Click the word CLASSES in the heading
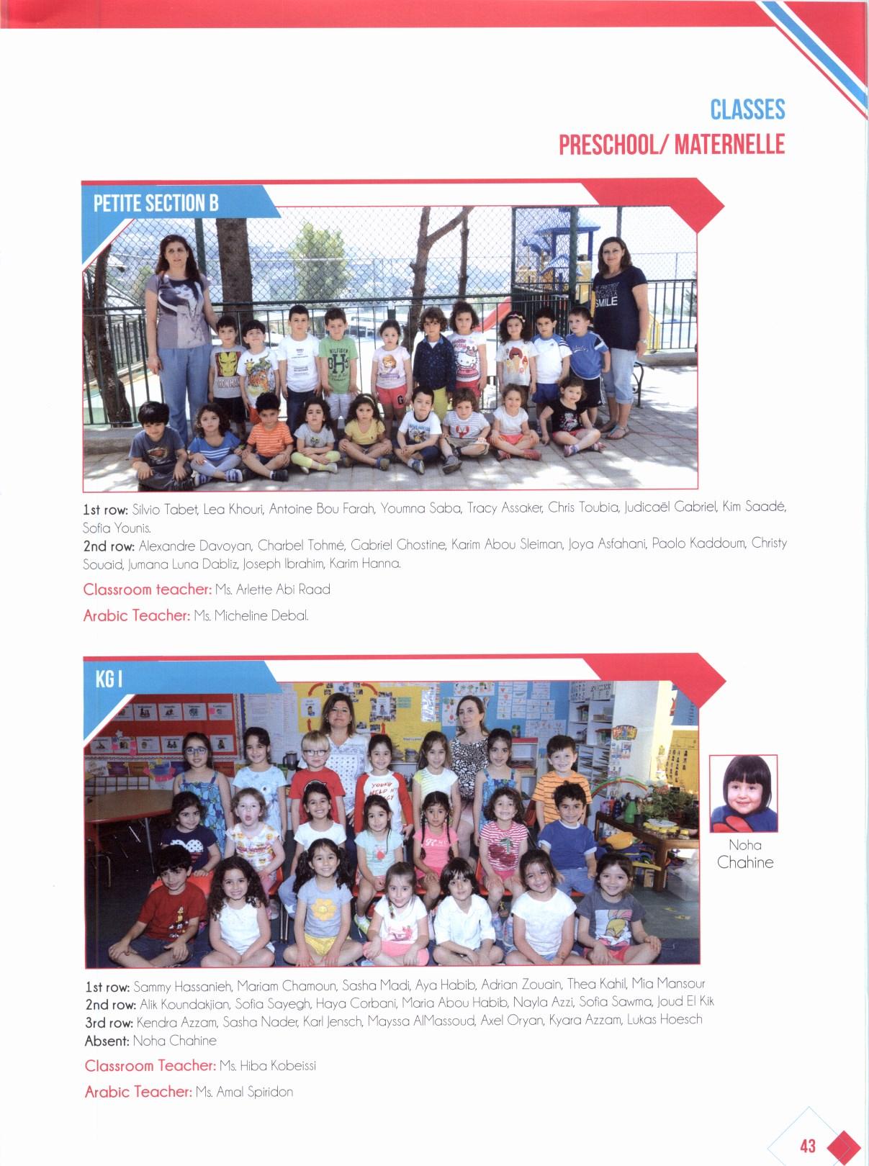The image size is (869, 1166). [747, 109]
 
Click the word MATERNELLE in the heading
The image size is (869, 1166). [730, 145]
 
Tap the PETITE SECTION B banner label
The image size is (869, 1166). [156, 204]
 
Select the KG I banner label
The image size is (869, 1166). [108, 679]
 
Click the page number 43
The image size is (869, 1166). [807, 1144]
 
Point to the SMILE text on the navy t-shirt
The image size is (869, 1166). [606, 302]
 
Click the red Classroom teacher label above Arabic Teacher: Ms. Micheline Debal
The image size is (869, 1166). [147, 589]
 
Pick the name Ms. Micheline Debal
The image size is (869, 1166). [251, 616]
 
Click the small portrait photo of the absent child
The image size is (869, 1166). [744, 794]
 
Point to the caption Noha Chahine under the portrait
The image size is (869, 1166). [745, 854]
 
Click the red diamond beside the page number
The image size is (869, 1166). [843, 1146]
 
